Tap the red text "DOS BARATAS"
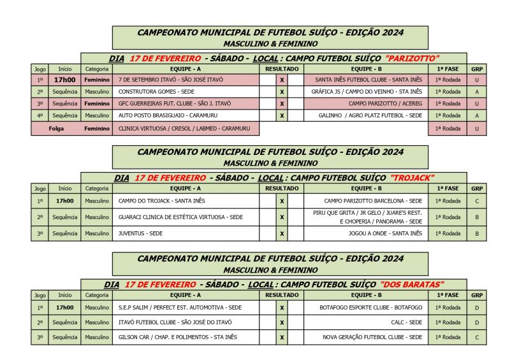pos(412,284)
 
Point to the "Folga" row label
pos(56,128)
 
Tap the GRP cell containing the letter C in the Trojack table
pos(476,201)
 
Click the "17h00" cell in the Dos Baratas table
pos(64,307)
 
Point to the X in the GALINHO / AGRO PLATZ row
pos(282,116)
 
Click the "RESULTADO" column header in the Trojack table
pos(282,189)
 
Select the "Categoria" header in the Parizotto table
pos(97,69)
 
